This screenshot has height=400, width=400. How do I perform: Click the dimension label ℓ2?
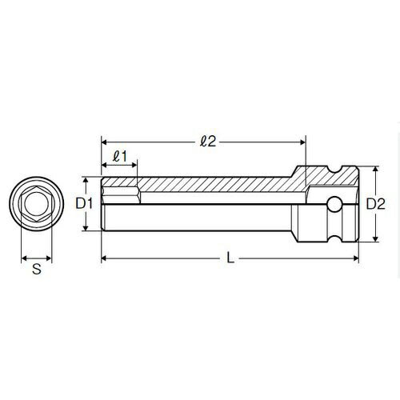pyautogui.click(x=208, y=142)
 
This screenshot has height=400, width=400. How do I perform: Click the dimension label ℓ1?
pyautogui.click(x=119, y=156)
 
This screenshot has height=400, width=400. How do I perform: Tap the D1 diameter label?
pyautogui.click(x=84, y=204)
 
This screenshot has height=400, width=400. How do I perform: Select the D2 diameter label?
pyautogui.click(x=375, y=204)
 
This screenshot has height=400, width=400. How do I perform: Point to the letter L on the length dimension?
pyautogui.click(x=230, y=258)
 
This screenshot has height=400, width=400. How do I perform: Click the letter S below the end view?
pyautogui.click(x=37, y=269)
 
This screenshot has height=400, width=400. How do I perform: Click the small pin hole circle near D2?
pyautogui.click(x=334, y=205)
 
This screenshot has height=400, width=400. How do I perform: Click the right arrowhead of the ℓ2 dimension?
pyautogui.click(x=302, y=142)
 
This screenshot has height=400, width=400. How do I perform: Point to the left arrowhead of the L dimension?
pyautogui.click(x=104, y=258)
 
